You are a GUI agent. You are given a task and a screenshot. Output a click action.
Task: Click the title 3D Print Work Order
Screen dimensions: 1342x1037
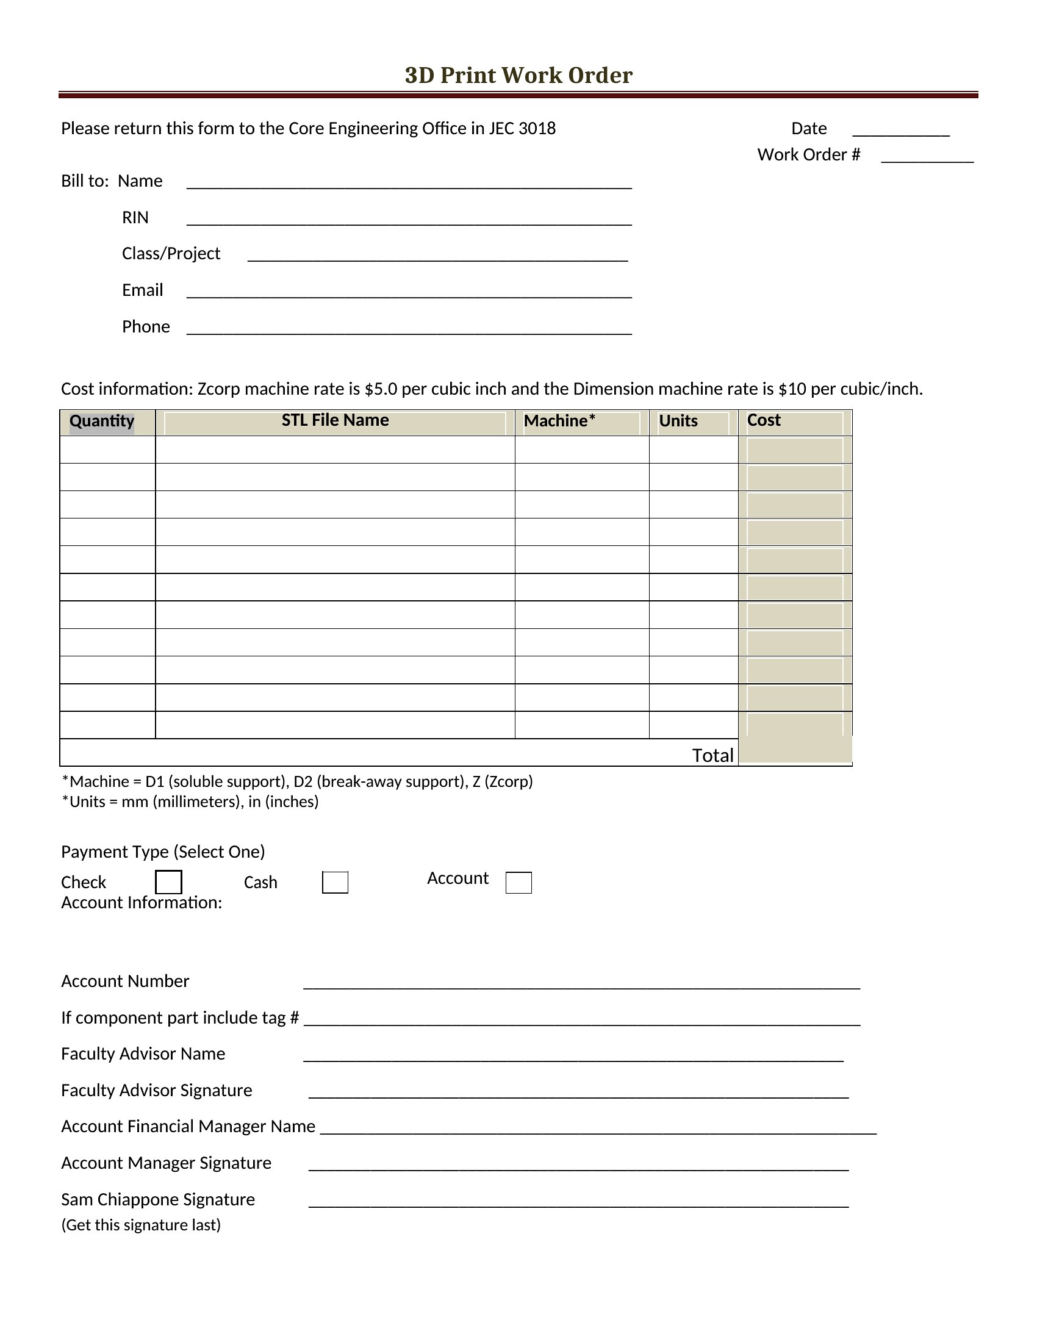pos(518,75)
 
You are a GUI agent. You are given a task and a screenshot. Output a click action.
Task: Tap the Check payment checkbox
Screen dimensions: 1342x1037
pos(168,882)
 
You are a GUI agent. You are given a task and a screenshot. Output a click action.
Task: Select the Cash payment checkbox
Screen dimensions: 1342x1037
pos(335,883)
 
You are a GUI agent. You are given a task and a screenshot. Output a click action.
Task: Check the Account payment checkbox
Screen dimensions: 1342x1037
pos(518,883)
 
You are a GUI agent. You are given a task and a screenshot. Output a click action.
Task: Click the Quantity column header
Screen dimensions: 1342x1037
pos(102,422)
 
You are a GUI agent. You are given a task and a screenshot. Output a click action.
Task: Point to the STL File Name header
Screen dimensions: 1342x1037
pos(335,420)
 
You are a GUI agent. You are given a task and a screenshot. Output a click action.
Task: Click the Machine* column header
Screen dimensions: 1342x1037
pos(559,421)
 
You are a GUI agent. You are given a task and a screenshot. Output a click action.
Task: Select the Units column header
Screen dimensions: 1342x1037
pos(678,421)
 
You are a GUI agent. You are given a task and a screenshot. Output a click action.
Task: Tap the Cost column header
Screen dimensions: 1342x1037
pos(764,420)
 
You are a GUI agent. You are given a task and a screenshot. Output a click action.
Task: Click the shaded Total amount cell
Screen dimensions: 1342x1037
pos(795,751)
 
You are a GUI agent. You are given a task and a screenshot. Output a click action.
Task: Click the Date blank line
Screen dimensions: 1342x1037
pos(900,132)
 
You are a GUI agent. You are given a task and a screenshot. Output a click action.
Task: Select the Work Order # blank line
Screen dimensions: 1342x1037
pos(927,158)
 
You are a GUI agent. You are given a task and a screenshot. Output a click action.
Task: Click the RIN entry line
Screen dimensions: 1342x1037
pos(409,221)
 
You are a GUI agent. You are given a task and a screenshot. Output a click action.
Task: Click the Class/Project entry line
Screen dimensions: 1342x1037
pos(437,257)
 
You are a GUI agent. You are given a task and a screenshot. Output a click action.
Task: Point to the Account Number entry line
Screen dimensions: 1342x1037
pos(581,984)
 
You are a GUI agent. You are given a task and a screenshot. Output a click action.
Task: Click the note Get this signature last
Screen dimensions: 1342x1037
pos(141,1225)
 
